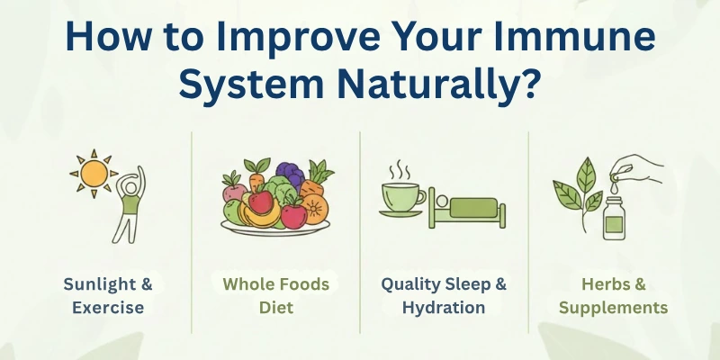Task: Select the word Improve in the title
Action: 292,40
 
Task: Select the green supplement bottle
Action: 612,219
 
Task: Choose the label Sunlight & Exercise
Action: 108,295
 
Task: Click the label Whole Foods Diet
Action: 276,295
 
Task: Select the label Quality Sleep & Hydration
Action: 444,295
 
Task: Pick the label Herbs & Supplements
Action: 613,295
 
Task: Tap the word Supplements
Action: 613,307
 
